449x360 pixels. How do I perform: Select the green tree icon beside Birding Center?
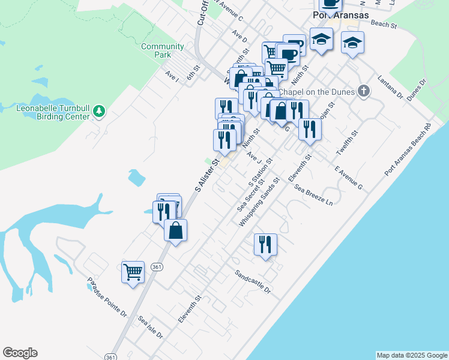[x=99, y=110]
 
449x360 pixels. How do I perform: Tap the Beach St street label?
[x=384, y=25]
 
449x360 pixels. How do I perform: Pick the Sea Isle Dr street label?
[x=150, y=326]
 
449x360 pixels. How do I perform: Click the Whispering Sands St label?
[x=259, y=202]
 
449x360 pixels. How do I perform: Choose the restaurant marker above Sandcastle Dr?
[x=265, y=244]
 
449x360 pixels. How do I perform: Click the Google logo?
[x=20, y=353]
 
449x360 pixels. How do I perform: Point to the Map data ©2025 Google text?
[x=411, y=355]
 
